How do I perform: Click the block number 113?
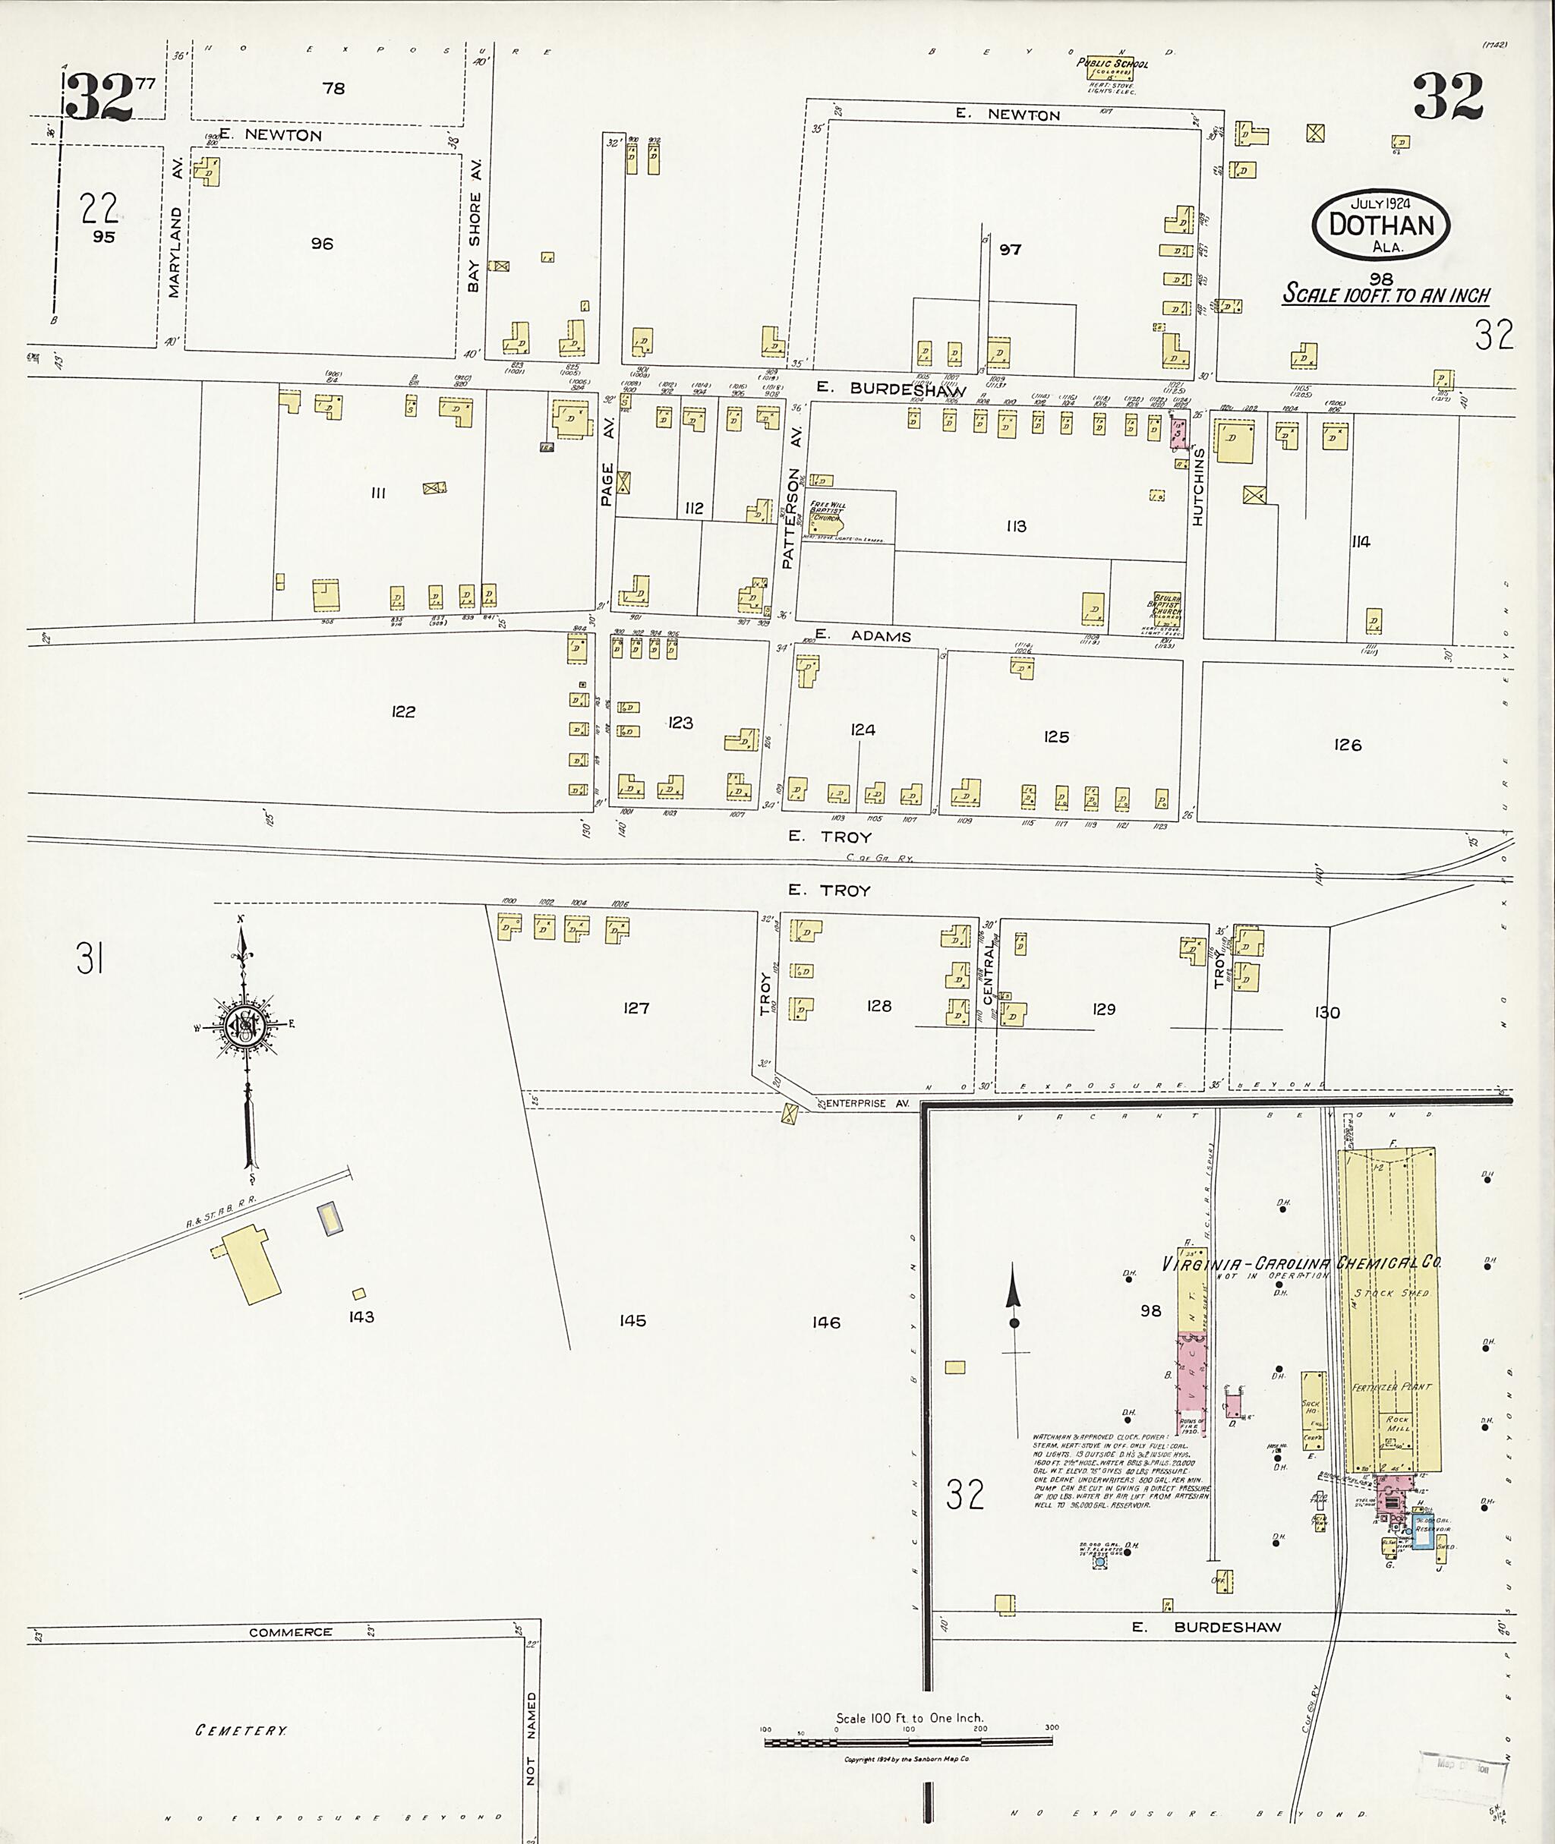tap(1015, 526)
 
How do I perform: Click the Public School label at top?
tap(1112, 65)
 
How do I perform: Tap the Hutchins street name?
tap(1198, 487)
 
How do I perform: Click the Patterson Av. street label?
tap(792, 519)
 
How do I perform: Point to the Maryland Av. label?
tap(175, 252)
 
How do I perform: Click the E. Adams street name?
tap(863, 635)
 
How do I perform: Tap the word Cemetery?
tap(241, 1730)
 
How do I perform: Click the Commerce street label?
tap(291, 1632)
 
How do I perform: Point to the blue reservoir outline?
tap(1423, 1532)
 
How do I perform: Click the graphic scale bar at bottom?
tap(908, 1742)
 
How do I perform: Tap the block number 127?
tap(636, 1007)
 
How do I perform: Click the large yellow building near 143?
tap(251, 1262)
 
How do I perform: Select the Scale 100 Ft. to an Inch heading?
tap(1386, 295)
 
